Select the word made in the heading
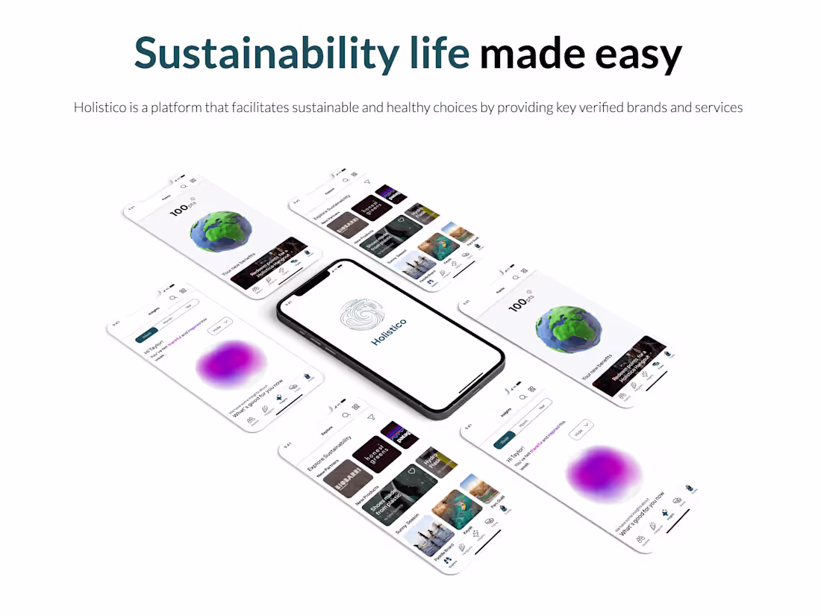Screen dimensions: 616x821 tap(527, 53)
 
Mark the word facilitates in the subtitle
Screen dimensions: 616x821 tap(258, 108)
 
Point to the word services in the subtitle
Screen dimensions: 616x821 tap(719, 108)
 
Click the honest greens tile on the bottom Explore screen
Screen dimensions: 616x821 tap(377, 453)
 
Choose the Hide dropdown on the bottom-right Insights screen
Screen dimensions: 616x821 tap(581, 429)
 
